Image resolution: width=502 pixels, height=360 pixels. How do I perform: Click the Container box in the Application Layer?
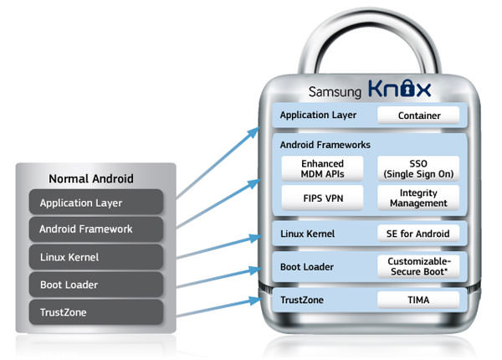tap(418, 115)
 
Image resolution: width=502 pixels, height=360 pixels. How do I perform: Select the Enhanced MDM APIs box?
tap(322, 167)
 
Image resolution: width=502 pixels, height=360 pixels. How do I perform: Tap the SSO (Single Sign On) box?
tap(418, 167)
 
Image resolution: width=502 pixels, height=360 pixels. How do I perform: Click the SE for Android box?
tap(418, 234)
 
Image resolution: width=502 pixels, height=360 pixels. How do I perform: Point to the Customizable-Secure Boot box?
tap(418, 267)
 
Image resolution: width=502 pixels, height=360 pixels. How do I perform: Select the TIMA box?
tap(418, 300)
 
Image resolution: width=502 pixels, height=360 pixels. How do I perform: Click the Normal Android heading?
tap(91, 178)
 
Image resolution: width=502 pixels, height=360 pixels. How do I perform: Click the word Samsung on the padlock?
tap(333, 90)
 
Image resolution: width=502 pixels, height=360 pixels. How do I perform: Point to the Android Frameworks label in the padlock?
tap(325, 145)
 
